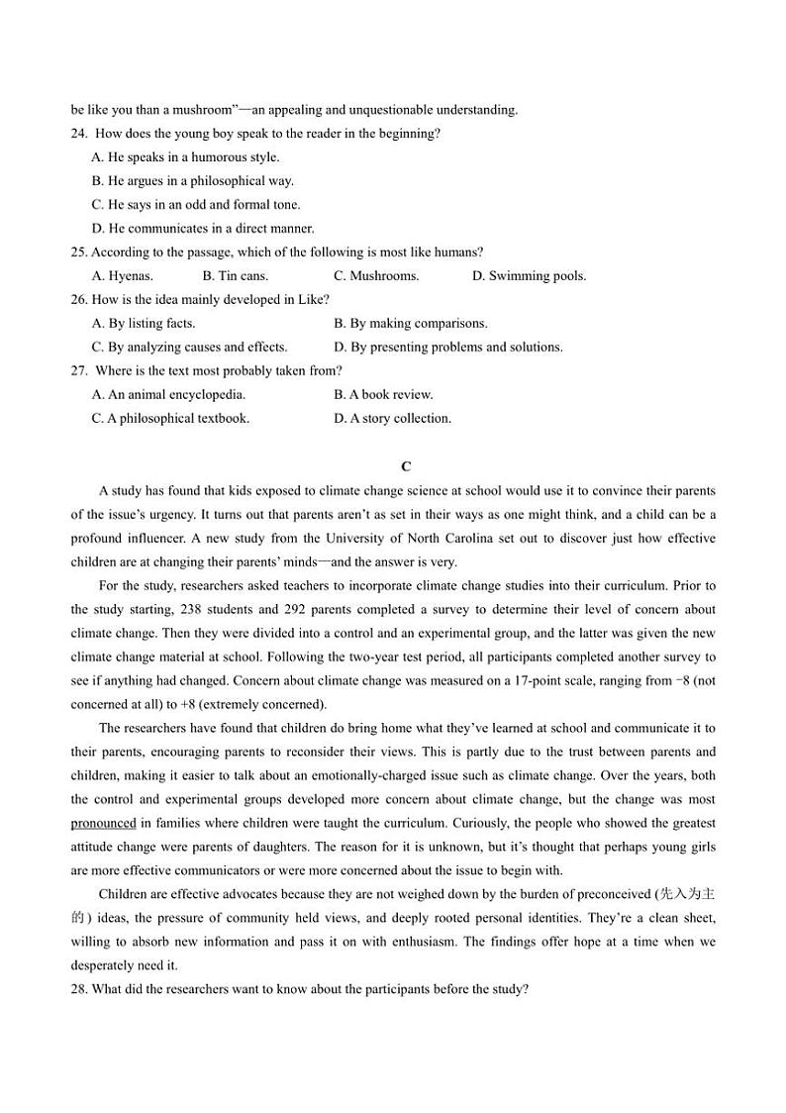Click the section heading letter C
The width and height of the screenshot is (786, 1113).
point(406,466)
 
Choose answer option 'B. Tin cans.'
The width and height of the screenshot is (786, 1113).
point(235,276)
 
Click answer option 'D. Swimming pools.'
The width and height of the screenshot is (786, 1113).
point(529,276)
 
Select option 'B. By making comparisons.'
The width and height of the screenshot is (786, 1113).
point(411,324)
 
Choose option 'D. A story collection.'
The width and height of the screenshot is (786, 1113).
point(392,419)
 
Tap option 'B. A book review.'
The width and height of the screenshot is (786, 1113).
point(383,395)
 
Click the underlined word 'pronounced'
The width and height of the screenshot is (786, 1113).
point(103,824)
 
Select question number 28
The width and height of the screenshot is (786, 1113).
point(79,989)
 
